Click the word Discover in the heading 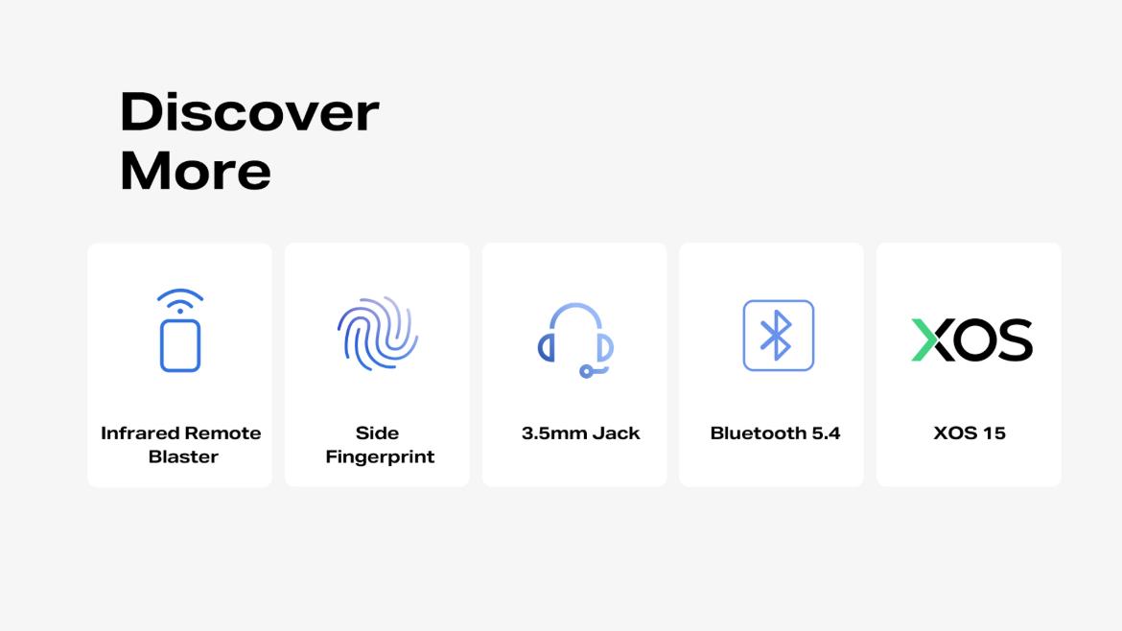point(249,111)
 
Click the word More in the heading point(196,171)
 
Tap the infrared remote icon point(179,331)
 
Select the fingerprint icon point(378,333)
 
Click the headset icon point(575,339)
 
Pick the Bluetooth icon point(779,336)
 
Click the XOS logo point(971,339)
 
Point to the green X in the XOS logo point(924,339)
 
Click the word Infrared point(140,432)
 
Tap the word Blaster point(183,456)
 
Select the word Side point(377,432)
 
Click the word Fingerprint point(380,457)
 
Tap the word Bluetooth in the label point(758,432)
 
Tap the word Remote point(222,432)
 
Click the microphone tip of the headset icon point(586,371)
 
